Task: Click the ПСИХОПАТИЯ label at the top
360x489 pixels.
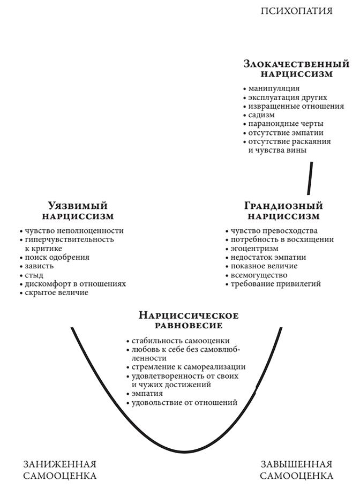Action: pyautogui.click(x=296, y=11)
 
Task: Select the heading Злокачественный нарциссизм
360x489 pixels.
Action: pyautogui.click(x=296, y=69)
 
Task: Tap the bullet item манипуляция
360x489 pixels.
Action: pyautogui.click(x=274, y=88)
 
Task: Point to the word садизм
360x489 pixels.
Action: pyautogui.click(x=261, y=115)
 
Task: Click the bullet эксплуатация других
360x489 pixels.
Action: pyautogui.click(x=287, y=97)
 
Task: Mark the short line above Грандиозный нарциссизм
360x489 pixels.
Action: pyautogui.click(x=310, y=179)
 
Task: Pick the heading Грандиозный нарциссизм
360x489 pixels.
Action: pyautogui.click(x=283, y=211)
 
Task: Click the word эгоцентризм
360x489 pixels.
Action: pyautogui.click(x=254, y=249)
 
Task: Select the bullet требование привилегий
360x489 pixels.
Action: pyautogui.click(x=275, y=284)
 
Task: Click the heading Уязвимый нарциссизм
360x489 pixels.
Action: pyautogui.click(x=78, y=211)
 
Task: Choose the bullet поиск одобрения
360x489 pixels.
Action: pyautogui.click(x=57, y=257)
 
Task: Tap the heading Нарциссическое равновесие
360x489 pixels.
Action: pyautogui.click(x=189, y=320)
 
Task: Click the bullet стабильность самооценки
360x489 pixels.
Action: pyautogui.click(x=181, y=341)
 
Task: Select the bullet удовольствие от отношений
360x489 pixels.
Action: pyautogui.click(x=184, y=403)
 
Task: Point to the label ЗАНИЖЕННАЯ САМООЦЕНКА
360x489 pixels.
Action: pyautogui.click(x=60, y=470)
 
